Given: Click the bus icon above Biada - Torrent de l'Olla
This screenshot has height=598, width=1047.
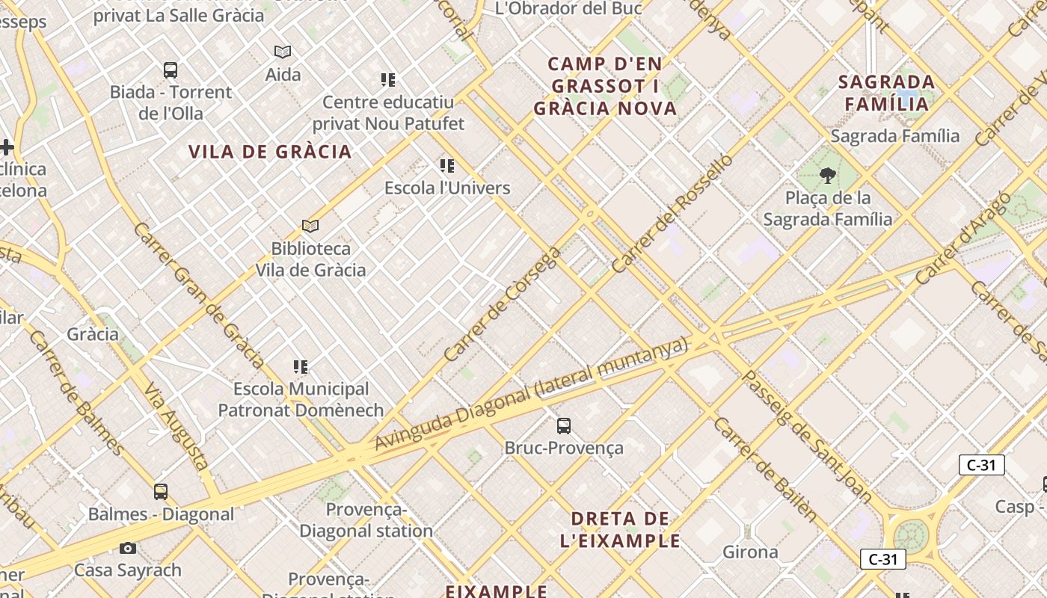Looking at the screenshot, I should [x=171, y=71].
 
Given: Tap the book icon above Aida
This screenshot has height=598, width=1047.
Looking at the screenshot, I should [x=283, y=52].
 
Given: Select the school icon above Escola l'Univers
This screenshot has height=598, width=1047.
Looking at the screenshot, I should [x=447, y=166].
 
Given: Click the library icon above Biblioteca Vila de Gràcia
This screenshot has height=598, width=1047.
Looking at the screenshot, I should [x=310, y=226].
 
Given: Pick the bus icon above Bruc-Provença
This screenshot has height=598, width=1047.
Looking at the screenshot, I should [x=564, y=426].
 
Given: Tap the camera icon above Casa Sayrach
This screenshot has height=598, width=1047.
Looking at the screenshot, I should [x=128, y=549].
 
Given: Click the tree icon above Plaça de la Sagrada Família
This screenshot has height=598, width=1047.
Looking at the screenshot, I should [x=827, y=176].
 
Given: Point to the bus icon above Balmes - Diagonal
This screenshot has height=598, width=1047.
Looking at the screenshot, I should [x=161, y=492].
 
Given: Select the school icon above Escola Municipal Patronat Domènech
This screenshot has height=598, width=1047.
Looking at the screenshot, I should [x=301, y=367].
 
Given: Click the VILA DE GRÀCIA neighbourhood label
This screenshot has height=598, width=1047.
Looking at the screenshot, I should [x=270, y=152].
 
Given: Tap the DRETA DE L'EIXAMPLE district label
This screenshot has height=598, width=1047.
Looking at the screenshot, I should [x=620, y=529].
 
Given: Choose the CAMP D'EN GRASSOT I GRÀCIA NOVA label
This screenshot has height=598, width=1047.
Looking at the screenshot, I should [x=605, y=86].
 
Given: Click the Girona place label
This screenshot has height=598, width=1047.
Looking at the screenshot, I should [x=750, y=552].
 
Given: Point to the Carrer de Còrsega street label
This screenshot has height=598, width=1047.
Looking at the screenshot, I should [x=503, y=303].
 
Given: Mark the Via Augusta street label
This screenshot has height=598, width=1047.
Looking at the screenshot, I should [x=176, y=427].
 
